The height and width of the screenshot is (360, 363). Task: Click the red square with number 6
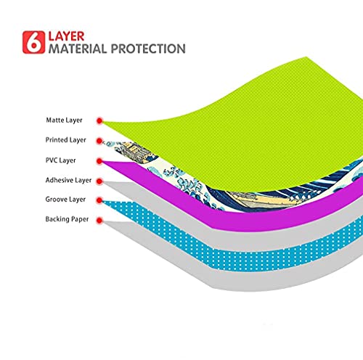33,42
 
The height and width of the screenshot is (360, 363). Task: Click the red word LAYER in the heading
66,36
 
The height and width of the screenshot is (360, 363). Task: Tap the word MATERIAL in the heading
78,49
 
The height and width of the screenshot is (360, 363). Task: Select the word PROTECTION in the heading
148,49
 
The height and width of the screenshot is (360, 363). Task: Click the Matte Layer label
64,120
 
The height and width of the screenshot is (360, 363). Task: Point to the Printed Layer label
65,140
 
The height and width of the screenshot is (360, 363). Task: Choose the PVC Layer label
60,160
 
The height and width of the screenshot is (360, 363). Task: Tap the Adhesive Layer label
68,180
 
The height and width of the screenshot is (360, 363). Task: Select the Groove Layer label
65,200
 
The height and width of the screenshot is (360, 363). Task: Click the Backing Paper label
67,219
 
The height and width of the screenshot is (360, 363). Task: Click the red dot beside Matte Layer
99,120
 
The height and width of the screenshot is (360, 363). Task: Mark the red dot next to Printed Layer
99,141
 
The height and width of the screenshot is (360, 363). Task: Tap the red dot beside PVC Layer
99,161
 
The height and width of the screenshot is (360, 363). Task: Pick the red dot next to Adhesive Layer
99,181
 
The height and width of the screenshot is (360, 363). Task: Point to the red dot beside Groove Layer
99,200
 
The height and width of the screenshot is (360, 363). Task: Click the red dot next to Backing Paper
99,221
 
